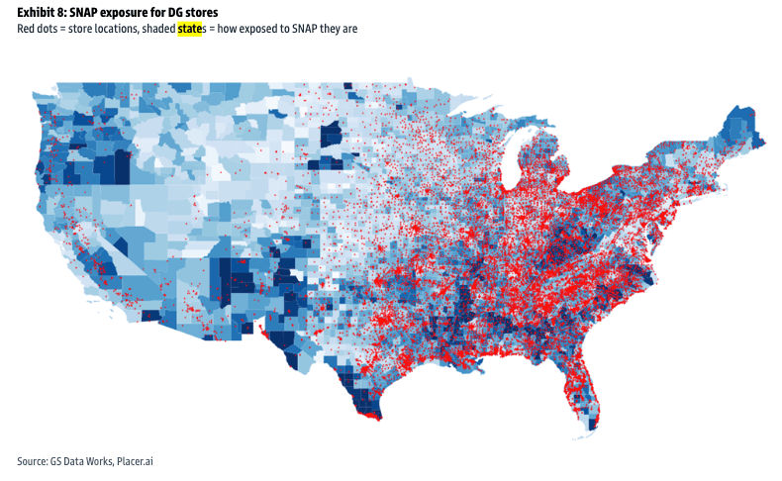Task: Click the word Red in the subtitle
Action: click(26, 29)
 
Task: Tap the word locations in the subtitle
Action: click(123, 29)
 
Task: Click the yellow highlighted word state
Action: click(187, 29)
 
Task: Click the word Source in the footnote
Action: click(33, 461)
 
